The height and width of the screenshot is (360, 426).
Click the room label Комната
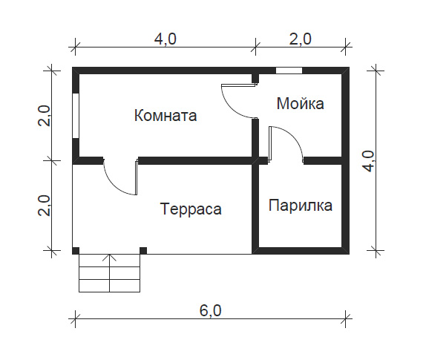pyautogui.click(x=166, y=115)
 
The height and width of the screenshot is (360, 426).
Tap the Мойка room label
pyautogui.click(x=301, y=103)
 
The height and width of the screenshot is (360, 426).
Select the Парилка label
pyautogui.click(x=301, y=205)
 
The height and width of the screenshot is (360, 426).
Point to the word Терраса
pyautogui.click(x=191, y=209)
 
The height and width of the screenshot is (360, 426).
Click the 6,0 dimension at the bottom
pyautogui.click(x=211, y=310)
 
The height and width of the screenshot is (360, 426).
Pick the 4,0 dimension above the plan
pyautogui.click(x=166, y=39)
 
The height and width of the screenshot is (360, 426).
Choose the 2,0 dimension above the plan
pyautogui.click(x=301, y=39)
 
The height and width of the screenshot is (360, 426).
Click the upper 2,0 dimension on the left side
pyautogui.click(x=44, y=116)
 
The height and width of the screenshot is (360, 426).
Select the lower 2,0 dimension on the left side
pyautogui.click(x=44, y=206)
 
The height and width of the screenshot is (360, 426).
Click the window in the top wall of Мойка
pyautogui.click(x=289, y=71)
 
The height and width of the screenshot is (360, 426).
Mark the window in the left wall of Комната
pyautogui.click(x=76, y=116)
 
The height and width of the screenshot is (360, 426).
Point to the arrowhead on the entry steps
pyautogui.click(x=110, y=257)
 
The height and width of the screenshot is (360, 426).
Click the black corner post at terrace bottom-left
pyautogui.click(x=76, y=251)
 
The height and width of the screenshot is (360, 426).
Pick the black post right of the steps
pyautogui.click(x=143, y=251)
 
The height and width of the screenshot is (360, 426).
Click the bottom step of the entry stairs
pyautogui.click(x=110, y=286)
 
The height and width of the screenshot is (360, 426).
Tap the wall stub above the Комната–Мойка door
pyautogui.click(x=255, y=79)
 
